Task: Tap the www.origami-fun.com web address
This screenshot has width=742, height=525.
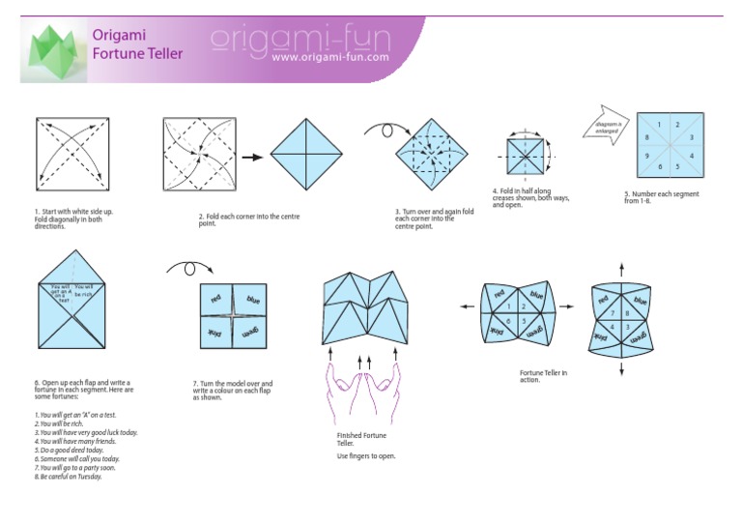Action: pos(330,57)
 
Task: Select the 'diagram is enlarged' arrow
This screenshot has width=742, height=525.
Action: pos(607,127)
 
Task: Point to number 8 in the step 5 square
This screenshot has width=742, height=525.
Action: pos(646,138)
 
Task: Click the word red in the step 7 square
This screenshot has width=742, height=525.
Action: pos(217,299)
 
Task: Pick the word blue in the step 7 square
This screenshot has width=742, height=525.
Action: pos(252,300)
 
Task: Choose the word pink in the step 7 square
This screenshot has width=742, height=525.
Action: pos(216,332)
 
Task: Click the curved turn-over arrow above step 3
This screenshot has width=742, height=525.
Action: pos(379,128)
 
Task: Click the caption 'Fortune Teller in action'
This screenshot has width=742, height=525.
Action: pos(543,375)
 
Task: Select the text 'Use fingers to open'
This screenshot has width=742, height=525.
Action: pos(366,455)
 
